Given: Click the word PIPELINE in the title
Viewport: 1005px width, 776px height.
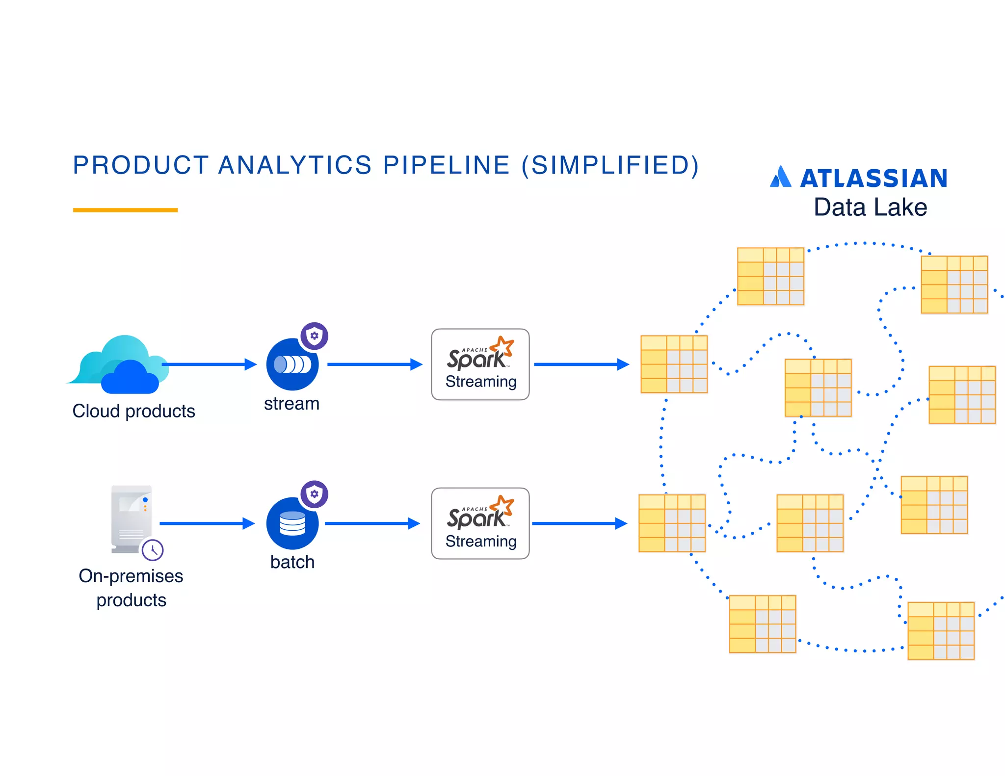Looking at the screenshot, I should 446,165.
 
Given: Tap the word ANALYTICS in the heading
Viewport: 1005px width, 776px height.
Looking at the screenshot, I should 295,165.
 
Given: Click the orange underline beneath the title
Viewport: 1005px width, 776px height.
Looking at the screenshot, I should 125,210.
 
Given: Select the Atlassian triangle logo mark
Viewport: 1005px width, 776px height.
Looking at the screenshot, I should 780,177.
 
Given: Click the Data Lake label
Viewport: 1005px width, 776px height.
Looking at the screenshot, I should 870,207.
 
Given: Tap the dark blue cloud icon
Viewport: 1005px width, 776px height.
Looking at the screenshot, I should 130,378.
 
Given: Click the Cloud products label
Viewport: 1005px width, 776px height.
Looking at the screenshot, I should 133,411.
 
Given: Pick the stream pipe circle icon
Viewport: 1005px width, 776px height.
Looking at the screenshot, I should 292,364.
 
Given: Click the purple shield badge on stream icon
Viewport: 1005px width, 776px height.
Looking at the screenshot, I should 314,336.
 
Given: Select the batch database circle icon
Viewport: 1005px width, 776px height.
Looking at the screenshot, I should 292,523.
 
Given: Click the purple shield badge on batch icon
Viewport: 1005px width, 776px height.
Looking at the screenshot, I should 314,494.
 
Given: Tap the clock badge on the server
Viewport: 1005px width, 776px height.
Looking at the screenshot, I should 153,550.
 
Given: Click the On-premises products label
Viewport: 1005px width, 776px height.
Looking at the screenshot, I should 131,588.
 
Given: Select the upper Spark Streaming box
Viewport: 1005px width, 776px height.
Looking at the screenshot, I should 480,364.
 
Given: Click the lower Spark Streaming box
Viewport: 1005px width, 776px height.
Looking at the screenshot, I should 480,523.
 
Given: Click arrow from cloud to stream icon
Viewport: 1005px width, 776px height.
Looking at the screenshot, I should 209,364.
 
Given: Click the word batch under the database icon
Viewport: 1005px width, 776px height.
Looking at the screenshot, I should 292,562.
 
